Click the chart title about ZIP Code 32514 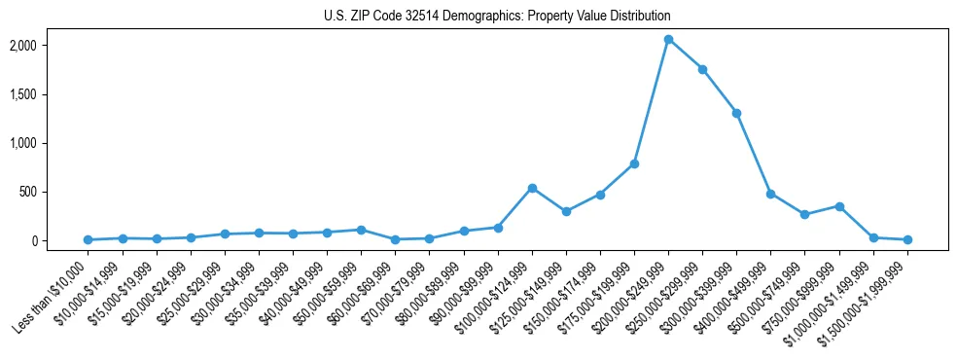coord(497,17)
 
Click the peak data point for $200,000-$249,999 coord(668,39)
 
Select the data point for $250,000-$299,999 coord(702,69)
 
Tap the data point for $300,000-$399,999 coord(736,113)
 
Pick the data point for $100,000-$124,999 coord(532,188)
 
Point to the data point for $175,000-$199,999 coord(634,163)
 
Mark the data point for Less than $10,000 coord(88,239)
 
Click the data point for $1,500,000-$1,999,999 coord(907,239)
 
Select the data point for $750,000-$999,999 coord(839,206)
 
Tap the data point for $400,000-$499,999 coord(770,194)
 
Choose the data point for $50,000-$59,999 coord(361,230)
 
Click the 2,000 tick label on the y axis coord(50,46)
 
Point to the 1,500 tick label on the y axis coord(50,94)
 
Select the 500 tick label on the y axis coord(54,192)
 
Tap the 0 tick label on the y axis coord(60,240)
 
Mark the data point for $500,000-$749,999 coord(804,214)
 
